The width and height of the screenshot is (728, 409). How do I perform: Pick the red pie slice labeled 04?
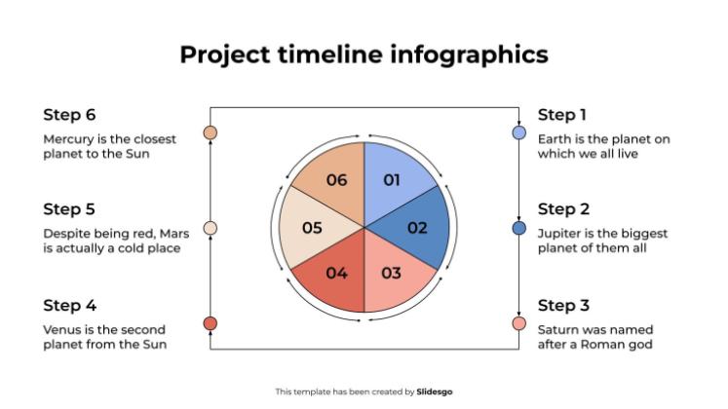click(x=336, y=274)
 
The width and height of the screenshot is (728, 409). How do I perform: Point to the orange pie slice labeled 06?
click(x=335, y=179)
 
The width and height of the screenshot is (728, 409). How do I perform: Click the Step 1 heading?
click(x=562, y=115)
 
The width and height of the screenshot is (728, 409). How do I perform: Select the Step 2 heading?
click(x=563, y=209)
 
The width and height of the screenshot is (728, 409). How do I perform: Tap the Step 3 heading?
click(x=563, y=305)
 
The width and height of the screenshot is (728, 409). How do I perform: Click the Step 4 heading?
click(x=69, y=305)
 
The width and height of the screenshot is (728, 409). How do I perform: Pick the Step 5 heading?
click(x=69, y=209)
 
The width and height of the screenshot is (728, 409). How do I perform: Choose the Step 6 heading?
click(x=69, y=115)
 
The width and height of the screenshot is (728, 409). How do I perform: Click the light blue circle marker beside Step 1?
click(x=519, y=132)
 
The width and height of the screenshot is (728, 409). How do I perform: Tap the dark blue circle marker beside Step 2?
click(x=519, y=228)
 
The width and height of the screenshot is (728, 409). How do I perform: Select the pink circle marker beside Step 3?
click(x=519, y=323)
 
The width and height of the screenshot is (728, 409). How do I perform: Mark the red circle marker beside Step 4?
click(x=210, y=323)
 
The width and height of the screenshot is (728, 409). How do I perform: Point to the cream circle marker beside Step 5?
click(x=210, y=228)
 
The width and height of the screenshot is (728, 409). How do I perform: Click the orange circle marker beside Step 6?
click(x=210, y=132)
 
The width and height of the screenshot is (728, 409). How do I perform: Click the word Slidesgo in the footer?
click(x=435, y=391)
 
